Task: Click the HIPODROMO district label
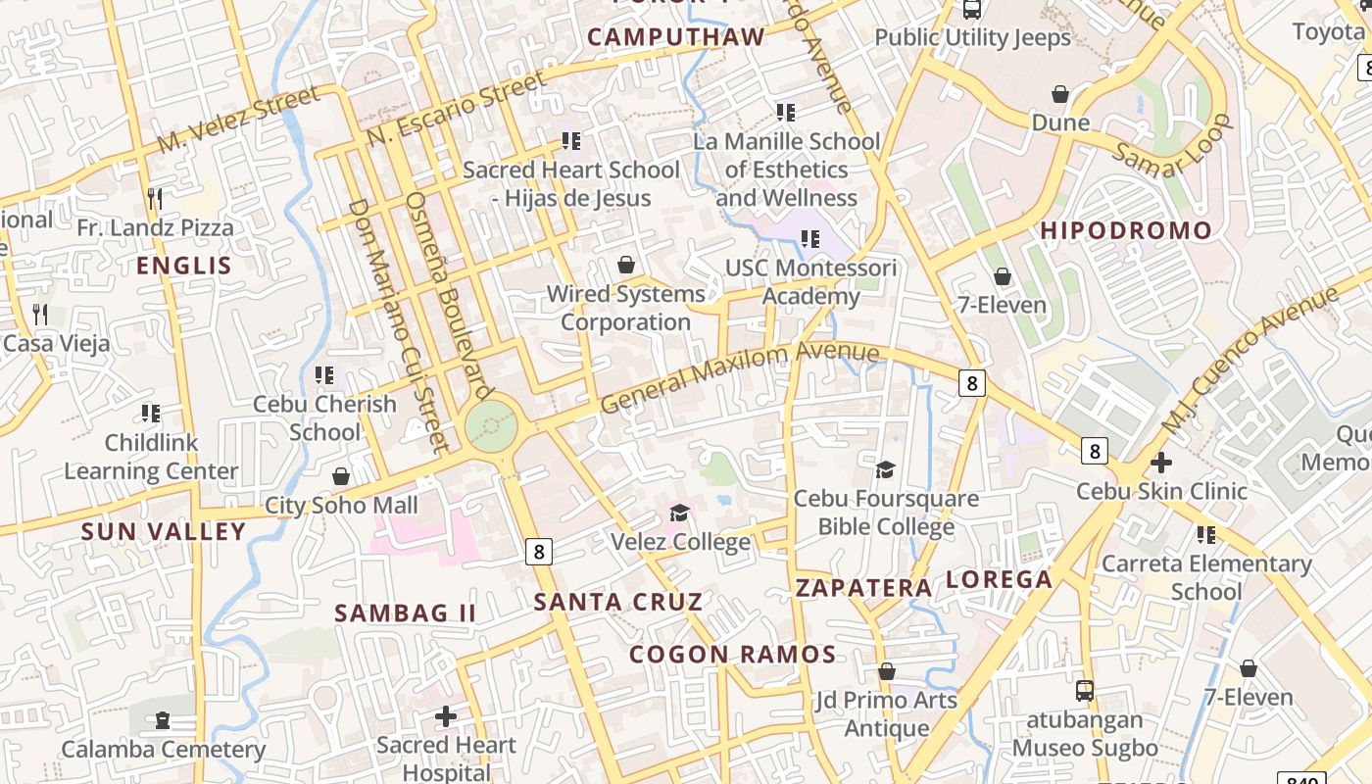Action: coord(1126,231)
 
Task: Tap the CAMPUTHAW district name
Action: coord(676,37)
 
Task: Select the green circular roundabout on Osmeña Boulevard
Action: coord(490,426)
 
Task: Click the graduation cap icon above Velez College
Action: coord(679,513)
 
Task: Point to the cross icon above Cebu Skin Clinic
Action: coord(1161,462)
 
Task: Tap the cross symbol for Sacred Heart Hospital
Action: coord(446,715)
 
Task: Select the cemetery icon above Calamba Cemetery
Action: coord(163,720)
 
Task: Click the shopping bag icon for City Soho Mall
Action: coord(341,476)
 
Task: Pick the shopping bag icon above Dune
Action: coord(1059,94)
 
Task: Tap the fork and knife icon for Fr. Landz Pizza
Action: coord(155,199)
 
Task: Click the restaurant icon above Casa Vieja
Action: coord(40,315)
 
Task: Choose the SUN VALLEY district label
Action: coord(164,532)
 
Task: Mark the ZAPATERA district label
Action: coord(863,588)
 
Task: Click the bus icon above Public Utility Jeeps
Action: coord(972,10)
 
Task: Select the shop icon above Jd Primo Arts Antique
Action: coord(887,671)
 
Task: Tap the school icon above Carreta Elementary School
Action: coord(1206,534)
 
